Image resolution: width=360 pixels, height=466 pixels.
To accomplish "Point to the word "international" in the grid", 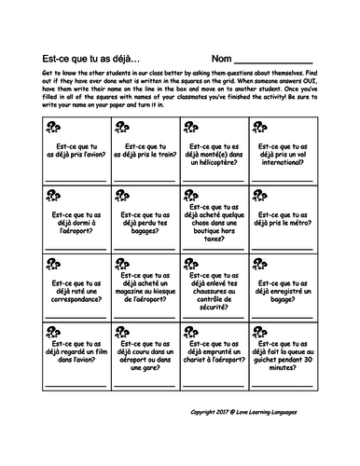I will (280, 163).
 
